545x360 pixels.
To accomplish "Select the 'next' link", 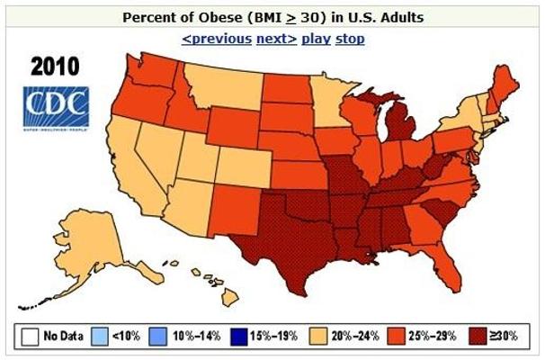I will click(x=276, y=39).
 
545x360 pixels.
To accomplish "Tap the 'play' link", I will click(x=316, y=39).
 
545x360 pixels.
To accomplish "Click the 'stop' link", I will click(x=350, y=39).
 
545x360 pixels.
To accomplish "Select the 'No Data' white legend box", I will click(x=30, y=337).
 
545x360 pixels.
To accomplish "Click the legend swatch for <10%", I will click(x=103, y=337).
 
